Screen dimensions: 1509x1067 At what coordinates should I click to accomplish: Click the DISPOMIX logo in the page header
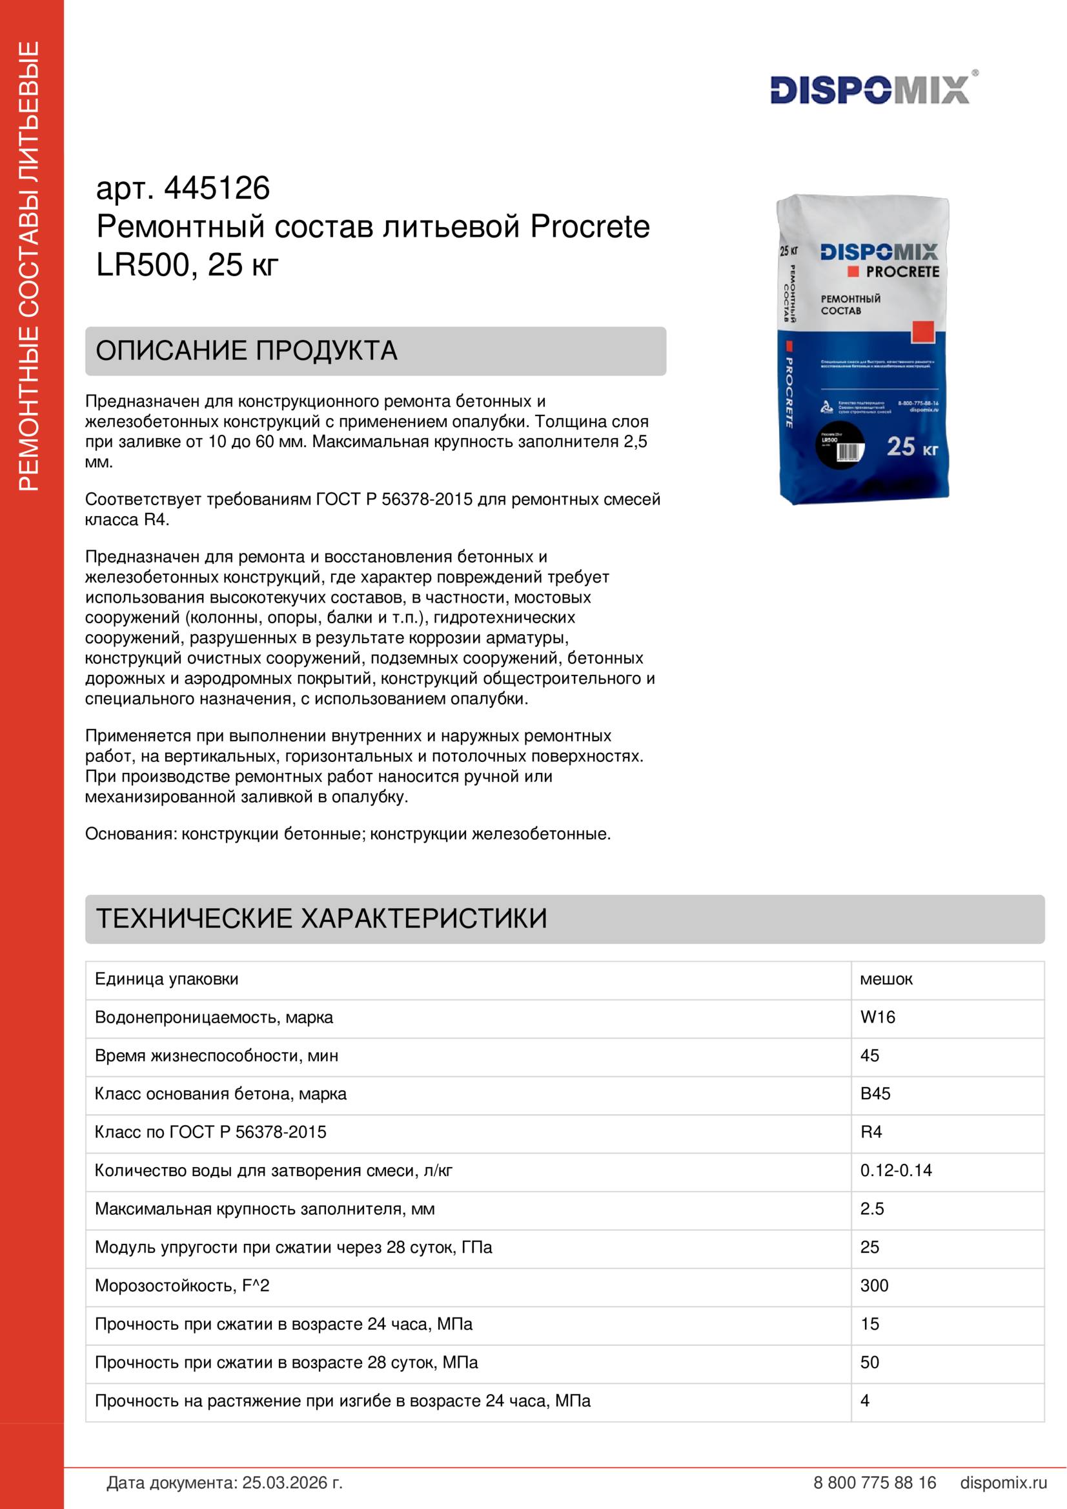point(869,90)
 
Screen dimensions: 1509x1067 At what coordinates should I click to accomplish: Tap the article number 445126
point(216,188)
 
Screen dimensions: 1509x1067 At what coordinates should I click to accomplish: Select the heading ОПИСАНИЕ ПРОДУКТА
point(247,351)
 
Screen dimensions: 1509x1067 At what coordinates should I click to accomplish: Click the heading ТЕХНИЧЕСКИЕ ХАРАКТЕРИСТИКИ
point(321,919)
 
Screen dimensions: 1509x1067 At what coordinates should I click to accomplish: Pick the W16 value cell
point(878,1017)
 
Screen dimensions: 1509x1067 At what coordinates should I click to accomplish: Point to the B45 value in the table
point(875,1094)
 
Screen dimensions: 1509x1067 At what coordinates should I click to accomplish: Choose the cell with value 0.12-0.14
point(895,1170)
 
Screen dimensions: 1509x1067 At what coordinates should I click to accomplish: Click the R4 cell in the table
point(871,1132)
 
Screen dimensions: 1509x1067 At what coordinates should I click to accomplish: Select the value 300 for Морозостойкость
point(875,1286)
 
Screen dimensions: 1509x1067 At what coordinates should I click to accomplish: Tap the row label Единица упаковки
point(167,979)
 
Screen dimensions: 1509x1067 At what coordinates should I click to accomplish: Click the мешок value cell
point(886,979)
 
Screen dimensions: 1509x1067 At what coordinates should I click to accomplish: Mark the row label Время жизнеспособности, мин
point(216,1055)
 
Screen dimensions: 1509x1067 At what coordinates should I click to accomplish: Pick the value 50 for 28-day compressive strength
point(869,1363)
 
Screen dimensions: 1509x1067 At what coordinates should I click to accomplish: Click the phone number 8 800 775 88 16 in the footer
point(875,1483)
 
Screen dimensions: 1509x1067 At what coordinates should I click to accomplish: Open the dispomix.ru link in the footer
point(1003,1483)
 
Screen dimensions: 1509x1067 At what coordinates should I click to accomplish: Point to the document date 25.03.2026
point(292,1483)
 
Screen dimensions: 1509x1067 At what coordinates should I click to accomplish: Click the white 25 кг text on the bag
point(911,448)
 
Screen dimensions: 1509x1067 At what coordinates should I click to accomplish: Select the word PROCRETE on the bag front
point(902,272)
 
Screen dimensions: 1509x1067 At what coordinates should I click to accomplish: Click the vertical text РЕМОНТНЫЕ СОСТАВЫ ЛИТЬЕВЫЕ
point(29,266)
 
